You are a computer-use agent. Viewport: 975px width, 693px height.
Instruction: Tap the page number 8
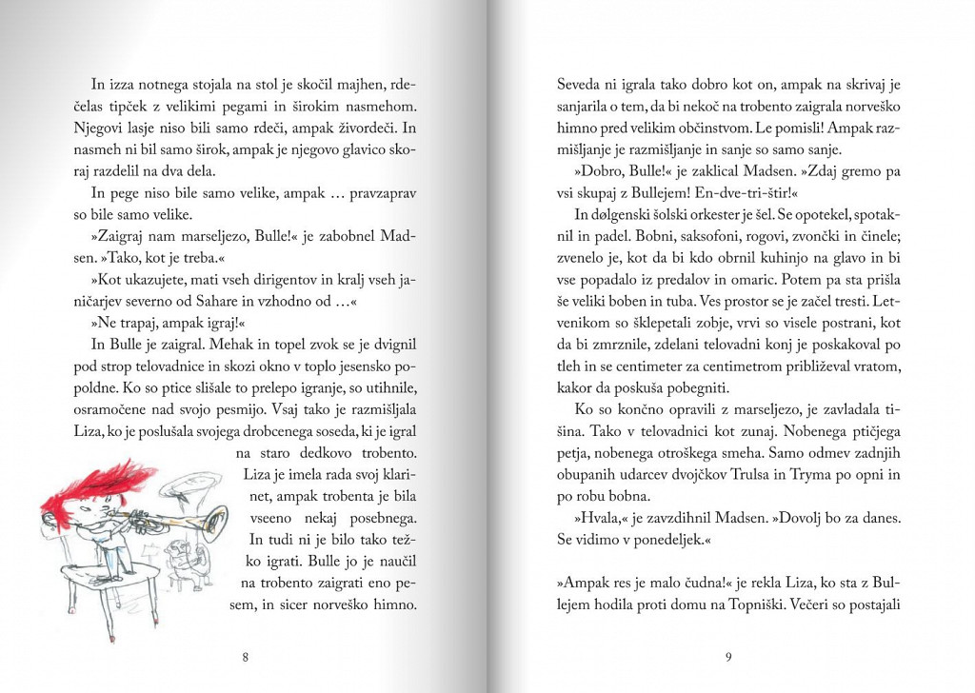click(246, 656)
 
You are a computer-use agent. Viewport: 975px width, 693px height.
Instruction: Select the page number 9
click(727, 656)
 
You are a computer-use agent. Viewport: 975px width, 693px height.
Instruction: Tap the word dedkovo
click(324, 450)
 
